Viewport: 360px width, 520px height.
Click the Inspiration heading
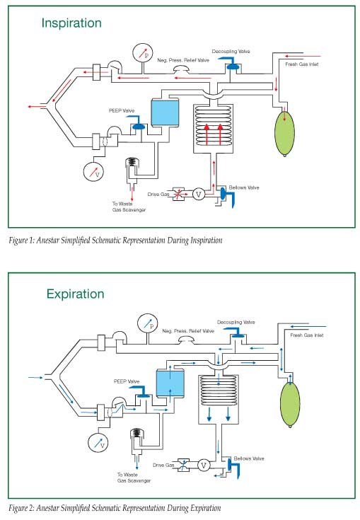tap(71, 23)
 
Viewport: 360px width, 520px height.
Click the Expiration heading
tap(75, 294)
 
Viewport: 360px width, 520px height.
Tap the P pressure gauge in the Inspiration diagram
tap(143, 53)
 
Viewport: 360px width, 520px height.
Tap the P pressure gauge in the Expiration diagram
tap(148, 324)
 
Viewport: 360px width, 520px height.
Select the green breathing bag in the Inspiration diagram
tap(285, 133)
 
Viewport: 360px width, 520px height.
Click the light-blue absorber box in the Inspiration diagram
tap(165, 112)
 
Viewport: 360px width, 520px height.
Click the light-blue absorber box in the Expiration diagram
tap(170, 383)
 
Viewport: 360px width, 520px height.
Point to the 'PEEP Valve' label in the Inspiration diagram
tap(122, 111)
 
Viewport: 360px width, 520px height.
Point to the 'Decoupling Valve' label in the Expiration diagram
tap(236, 323)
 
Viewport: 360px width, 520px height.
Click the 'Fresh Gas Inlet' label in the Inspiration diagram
tap(302, 64)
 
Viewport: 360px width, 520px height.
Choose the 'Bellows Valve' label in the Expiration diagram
tap(249, 458)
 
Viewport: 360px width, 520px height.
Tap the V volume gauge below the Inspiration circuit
tap(93, 171)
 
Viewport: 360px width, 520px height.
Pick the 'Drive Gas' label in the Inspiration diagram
tap(158, 195)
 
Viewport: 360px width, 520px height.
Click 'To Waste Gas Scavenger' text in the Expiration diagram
tap(134, 478)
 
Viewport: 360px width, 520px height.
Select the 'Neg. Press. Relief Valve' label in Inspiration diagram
tap(183, 60)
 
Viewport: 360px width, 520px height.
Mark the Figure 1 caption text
tap(116, 240)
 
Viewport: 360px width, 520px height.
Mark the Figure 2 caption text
tap(115, 508)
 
